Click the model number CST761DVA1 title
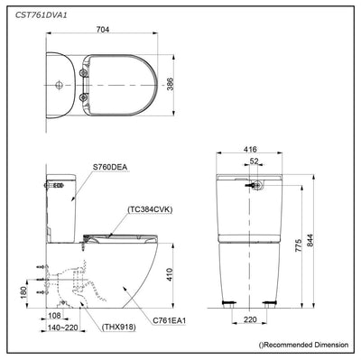click(41, 15)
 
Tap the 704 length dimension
click(103, 29)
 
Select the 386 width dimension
click(170, 85)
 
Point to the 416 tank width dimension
click(250, 149)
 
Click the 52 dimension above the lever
click(255, 162)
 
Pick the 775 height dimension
click(298, 245)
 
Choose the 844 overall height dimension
click(310, 241)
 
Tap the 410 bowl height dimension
click(170, 274)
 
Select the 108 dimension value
click(54, 316)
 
